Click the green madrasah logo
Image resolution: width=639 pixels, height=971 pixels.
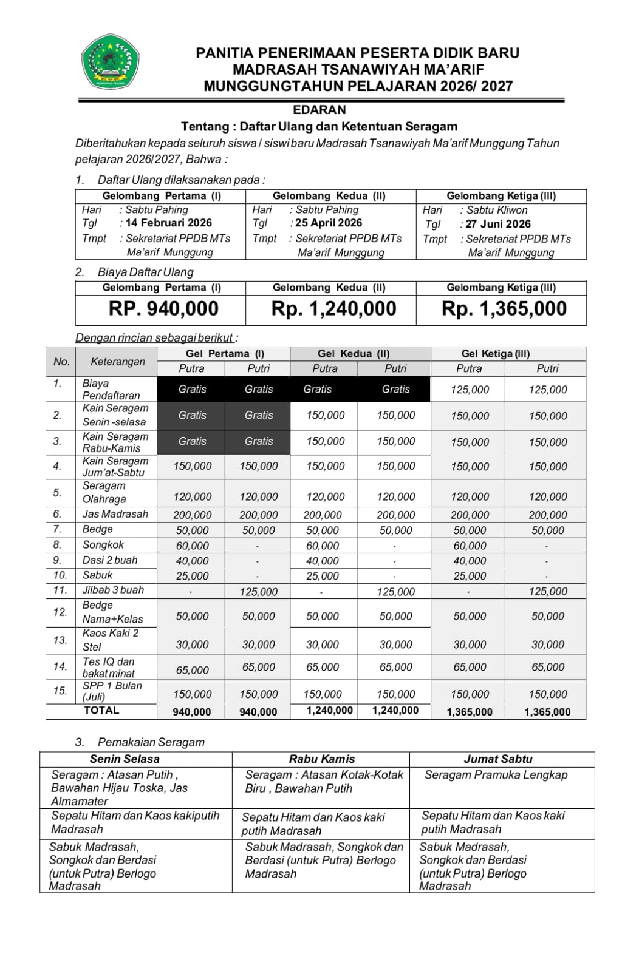111,61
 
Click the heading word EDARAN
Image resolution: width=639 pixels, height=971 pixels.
319,110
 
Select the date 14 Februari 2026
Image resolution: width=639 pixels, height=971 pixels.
168,223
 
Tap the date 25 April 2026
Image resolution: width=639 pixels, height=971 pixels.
329,223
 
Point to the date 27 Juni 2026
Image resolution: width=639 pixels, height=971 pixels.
498,224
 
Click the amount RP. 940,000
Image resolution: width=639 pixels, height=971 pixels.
163,309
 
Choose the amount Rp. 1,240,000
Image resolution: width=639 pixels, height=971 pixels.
333,309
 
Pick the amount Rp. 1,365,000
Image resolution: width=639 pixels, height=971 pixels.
504,309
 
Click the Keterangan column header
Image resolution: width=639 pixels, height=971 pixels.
118,362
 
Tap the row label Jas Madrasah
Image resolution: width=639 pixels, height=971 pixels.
115,514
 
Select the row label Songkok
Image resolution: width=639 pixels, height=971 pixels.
103,545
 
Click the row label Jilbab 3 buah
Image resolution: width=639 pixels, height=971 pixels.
113,590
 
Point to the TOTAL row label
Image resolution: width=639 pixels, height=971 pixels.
101,710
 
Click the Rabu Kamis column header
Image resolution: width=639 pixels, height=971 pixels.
322,759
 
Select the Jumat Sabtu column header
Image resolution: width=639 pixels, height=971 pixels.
498,759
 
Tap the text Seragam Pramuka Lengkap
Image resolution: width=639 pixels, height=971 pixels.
496,775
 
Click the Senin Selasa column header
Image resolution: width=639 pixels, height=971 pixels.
125,759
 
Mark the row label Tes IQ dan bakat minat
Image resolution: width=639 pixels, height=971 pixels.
109,668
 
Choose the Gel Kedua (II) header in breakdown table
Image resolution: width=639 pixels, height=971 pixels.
354,354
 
